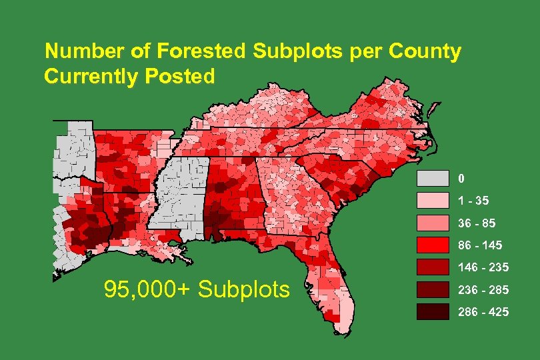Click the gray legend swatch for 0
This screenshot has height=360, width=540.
pyautogui.click(x=433, y=179)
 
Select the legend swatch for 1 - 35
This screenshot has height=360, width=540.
pyautogui.click(x=433, y=201)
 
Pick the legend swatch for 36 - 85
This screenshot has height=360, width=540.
pyautogui.click(x=433, y=223)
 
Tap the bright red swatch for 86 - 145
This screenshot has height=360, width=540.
pyautogui.click(x=433, y=245)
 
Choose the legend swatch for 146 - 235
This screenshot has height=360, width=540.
pyautogui.click(x=433, y=267)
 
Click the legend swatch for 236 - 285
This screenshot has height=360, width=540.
pyautogui.click(x=433, y=289)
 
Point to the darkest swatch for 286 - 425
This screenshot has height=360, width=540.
pyautogui.click(x=433, y=311)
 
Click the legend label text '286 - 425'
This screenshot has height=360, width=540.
pyautogui.click(x=483, y=312)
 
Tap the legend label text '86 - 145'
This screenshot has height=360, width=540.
pyautogui.click(x=480, y=245)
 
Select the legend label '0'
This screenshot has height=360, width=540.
pyautogui.click(x=461, y=179)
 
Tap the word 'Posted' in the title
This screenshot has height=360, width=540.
pyautogui.click(x=179, y=77)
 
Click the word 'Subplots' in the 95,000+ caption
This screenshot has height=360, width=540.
pyautogui.click(x=244, y=289)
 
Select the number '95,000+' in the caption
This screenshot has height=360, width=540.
pyautogui.click(x=147, y=289)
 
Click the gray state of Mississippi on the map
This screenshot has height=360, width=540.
pyautogui.click(x=178, y=193)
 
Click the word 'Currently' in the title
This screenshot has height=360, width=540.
pyautogui.click(x=89, y=77)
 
